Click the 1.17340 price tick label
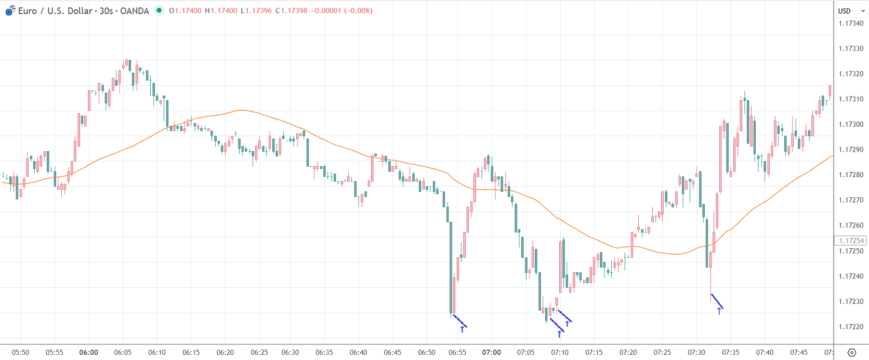point(851,23)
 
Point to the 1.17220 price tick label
point(851,327)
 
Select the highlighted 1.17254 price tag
point(851,241)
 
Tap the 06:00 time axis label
point(88,352)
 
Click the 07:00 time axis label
point(491,352)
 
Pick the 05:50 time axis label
point(20,352)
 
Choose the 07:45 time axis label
point(799,352)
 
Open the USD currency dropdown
point(851,11)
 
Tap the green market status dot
point(159,10)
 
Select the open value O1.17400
point(186,11)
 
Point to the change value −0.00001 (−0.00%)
point(341,11)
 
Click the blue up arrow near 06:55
point(462,329)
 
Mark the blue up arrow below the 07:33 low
point(719,311)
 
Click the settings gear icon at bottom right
point(851,353)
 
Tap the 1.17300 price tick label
point(851,125)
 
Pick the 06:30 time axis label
point(290,352)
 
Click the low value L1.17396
point(256,11)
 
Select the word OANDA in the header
point(135,11)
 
